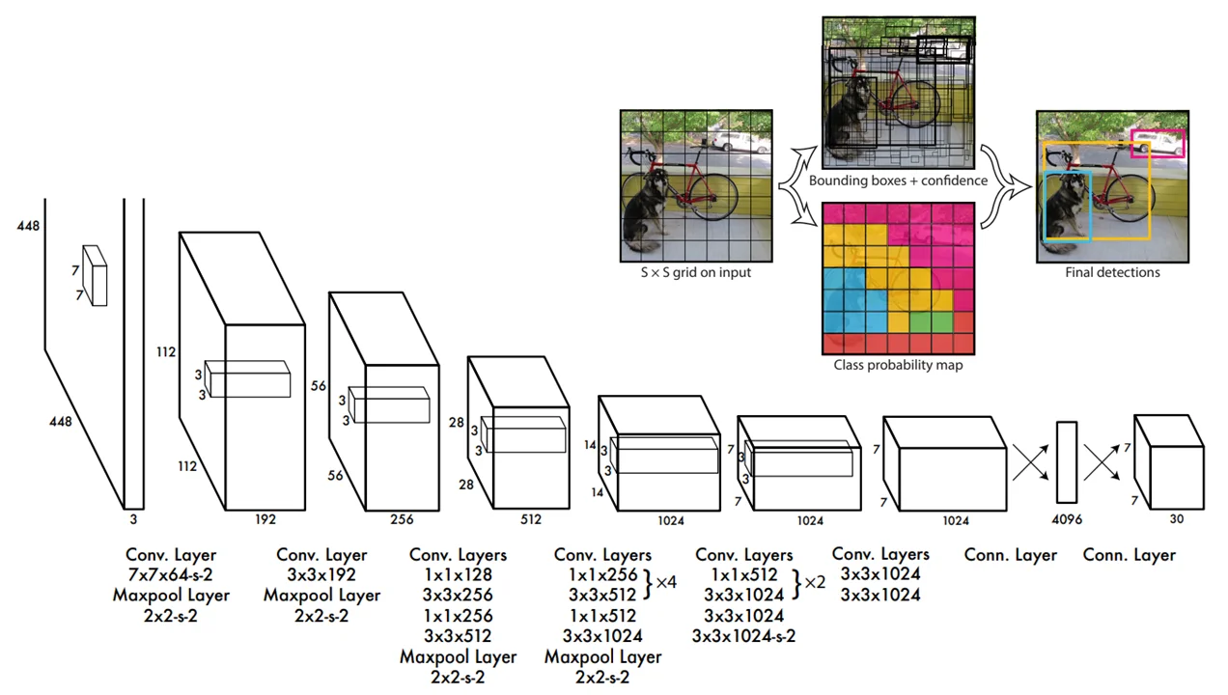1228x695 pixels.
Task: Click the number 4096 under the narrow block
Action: pyautogui.click(x=1066, y=519)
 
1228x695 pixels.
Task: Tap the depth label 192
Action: pyautogui.click(x=265, y=519)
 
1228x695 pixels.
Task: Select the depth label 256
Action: pyautogui.click(x=402, y=519)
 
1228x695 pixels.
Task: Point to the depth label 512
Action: pyautogui.click(x=530, y=519)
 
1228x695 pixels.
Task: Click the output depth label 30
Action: pyautogui.click(x=1175, y=519)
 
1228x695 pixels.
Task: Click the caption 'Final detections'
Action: pyautogui.click(x=1112, y=272)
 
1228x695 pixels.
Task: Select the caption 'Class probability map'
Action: pyautogui.click(x=898, y=365)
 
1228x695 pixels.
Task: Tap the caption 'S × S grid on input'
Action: pyautogui.click(x=695, y=272)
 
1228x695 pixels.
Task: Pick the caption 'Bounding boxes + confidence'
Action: pyautogui.click(x=898, y=181)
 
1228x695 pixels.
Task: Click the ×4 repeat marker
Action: pyautogui.click(x=666, y=583)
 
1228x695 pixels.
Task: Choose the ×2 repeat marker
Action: pyautogui.click(x=814, y=583)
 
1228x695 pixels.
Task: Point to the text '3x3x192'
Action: pyautogui.click(x=321, y=575)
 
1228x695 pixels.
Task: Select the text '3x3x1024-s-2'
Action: pyautogui.click(x=743, y=635)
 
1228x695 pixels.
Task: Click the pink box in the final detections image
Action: pyautogui.click(x=1158, y=143)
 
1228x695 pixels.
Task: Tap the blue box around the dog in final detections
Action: pyautogui.click(x=1068, y=206)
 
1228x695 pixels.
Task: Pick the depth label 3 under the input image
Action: pyautogui.click(x=134, y=518)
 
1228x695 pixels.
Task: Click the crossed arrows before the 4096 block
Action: pyautogui.click(x=1029, y=462)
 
